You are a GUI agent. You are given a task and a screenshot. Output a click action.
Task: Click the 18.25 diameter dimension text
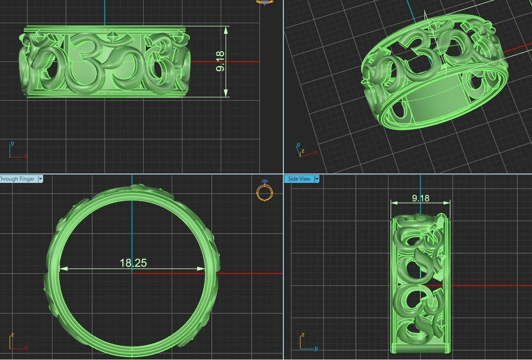(133, 263)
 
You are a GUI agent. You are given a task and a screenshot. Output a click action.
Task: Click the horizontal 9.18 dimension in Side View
(420, 198)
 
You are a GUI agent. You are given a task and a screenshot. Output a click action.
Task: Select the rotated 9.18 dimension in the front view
(220, 61)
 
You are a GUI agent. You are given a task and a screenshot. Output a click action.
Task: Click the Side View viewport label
(299, 178)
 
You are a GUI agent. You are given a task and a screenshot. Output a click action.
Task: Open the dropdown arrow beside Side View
(317, 178)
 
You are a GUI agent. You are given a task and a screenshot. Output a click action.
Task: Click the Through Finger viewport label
(17, 179)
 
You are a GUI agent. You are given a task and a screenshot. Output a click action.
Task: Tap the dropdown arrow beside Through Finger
(40, 179)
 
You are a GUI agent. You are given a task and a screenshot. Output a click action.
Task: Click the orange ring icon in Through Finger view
(264, 191)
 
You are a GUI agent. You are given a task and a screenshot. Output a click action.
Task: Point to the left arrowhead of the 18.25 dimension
(63, 269)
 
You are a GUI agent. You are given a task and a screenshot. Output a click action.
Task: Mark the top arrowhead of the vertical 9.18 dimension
(226, 30)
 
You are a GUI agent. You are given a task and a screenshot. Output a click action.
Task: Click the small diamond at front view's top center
(114, 35)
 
